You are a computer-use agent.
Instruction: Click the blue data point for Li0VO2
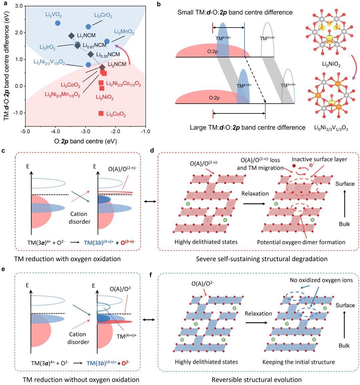57,23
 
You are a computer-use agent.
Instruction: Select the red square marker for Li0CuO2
101,113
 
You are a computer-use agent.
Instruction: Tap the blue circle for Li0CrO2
88,27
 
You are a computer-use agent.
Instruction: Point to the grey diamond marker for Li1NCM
71,36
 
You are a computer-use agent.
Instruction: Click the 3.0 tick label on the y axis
18,6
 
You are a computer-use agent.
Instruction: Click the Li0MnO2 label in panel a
124,32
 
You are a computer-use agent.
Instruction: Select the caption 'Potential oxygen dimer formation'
301,242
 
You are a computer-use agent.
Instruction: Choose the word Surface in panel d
345,184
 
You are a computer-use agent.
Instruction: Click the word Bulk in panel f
344,346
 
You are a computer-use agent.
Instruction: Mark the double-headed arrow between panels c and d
150,202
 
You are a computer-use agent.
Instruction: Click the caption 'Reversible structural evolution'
256,379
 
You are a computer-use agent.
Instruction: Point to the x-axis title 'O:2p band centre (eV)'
85,141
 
